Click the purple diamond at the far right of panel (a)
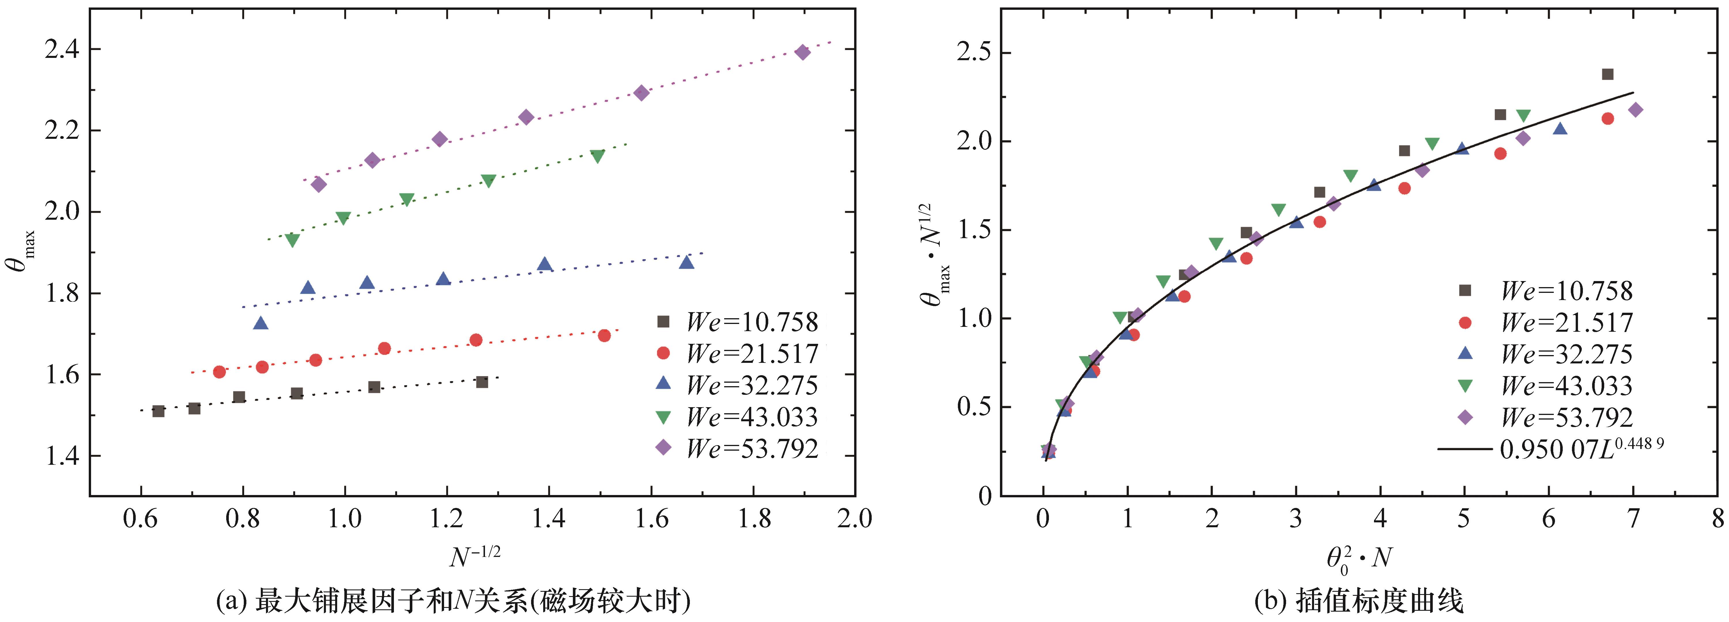click(x=802, y=52)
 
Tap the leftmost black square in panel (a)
click(x=158, y=411)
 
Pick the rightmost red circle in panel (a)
click(x=604, y=335)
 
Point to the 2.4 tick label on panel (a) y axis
click(x=62, y=50)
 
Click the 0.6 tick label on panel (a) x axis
click(x=141, y=519)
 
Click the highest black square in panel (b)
click(x=1607, y=75)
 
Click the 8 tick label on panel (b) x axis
click(x=1717, y=519)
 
